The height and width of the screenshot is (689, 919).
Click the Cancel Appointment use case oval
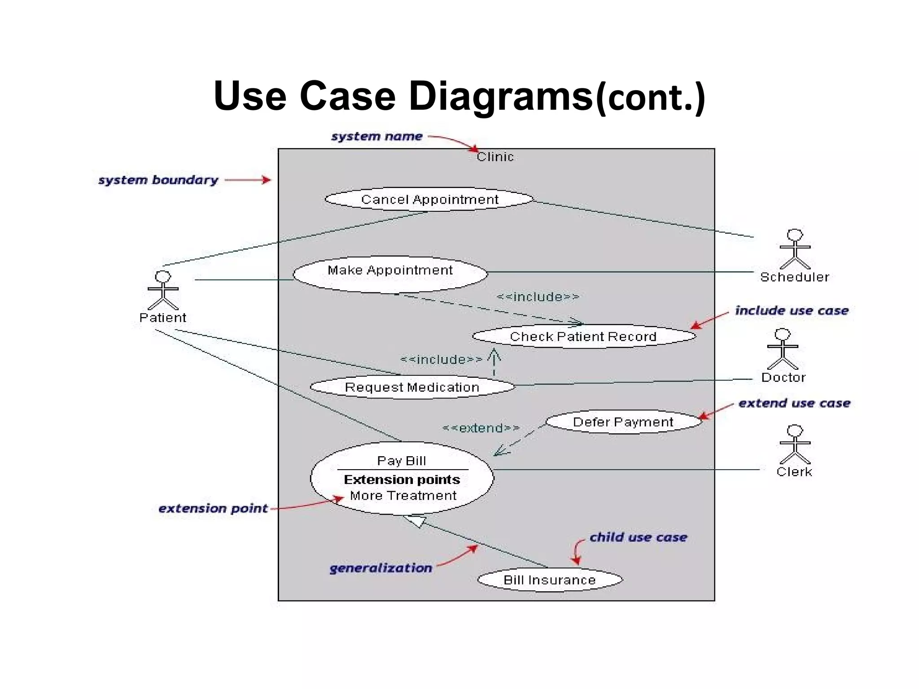[x=429, y=199]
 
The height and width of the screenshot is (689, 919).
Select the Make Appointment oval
[x=390, y=274]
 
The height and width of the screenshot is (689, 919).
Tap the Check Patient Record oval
[x=583, y=336]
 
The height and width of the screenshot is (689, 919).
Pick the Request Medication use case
[x=412, y=387]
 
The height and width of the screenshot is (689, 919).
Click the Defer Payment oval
[x=623, y=422]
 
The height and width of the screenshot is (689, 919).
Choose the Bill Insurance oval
[x=550, y=580]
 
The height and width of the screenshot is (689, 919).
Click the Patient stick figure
[x=163, y=290]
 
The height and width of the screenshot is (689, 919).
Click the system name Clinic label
[x=495, y=157]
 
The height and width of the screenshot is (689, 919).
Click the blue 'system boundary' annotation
[x=158, y=180]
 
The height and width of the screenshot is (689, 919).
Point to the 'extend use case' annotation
[x=794, y=403]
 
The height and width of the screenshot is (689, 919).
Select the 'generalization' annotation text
[x=381, y=568]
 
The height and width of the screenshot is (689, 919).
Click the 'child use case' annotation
[x=638, y=537]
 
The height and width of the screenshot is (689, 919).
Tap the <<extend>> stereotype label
[x=481, y=428]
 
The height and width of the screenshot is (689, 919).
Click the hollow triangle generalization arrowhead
[x=416, y=521]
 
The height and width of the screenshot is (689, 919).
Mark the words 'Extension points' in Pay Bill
[x=402, y=480]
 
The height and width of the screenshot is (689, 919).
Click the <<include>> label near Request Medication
[x=441, y=360]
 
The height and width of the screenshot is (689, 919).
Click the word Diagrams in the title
[x=500, y=96]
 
